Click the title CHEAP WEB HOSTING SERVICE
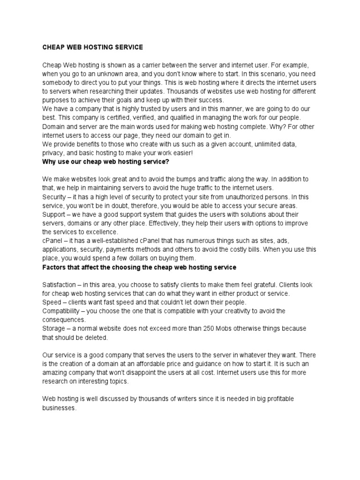92,47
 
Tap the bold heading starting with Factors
139,267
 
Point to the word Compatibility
64,311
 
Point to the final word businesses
59,408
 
